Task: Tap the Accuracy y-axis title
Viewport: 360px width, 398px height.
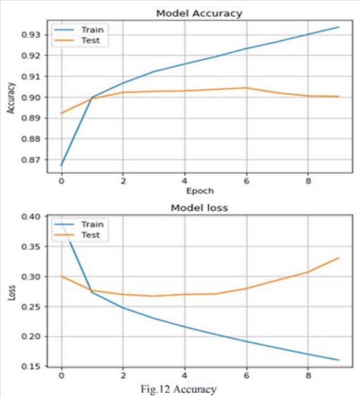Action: pos(10,98)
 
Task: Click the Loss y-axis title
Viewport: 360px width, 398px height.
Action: pos(10,292)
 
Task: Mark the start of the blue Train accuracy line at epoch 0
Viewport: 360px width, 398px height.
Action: pos(61,165)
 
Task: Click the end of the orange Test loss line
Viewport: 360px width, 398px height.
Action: pos(339,258)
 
